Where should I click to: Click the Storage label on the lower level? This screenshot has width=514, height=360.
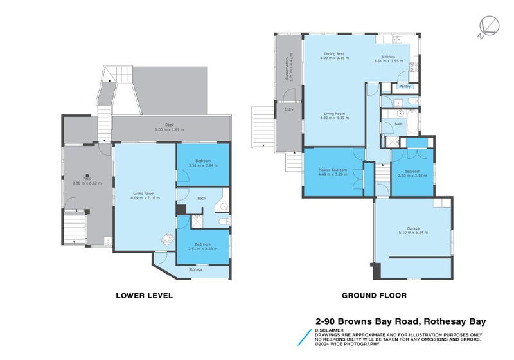[195, 269]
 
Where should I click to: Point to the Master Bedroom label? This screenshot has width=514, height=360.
[333, 170]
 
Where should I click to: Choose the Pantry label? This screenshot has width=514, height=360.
[405, 86]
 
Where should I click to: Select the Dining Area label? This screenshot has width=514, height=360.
[335, 53]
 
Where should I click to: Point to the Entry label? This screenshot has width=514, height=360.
[288, 109]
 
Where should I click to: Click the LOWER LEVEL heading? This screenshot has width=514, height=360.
[144, 296]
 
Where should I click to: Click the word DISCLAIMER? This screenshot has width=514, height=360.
[328, 330]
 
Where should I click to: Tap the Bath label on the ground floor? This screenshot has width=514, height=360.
[398, 124]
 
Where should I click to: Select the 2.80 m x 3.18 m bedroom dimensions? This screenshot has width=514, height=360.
[412, 174]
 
